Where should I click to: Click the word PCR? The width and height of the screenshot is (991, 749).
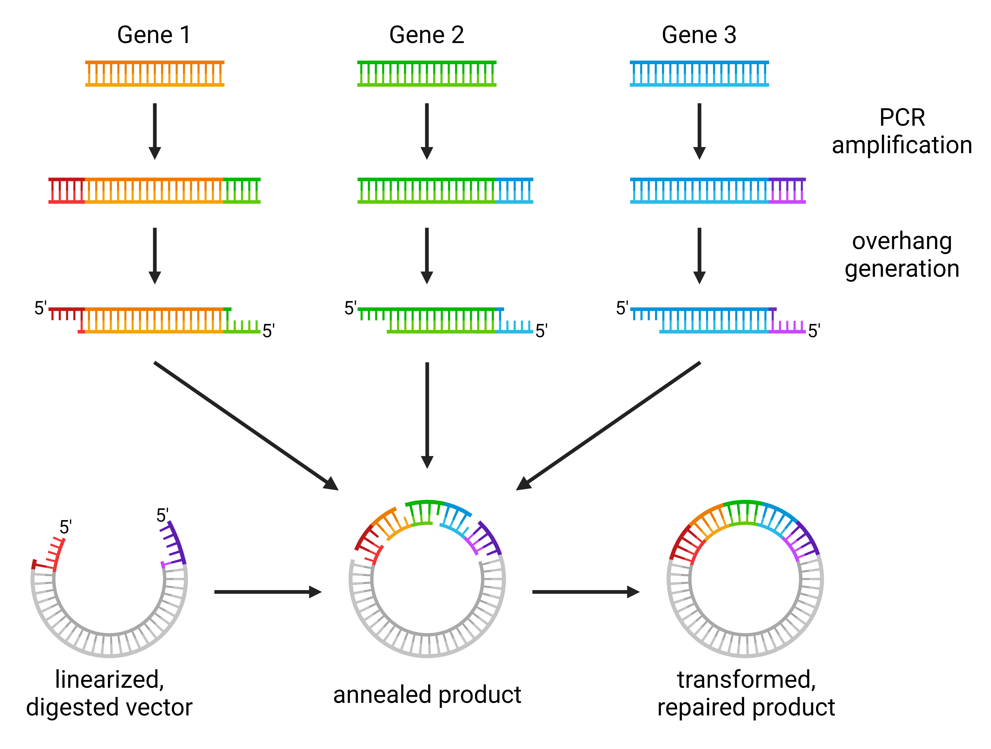coord(902,118)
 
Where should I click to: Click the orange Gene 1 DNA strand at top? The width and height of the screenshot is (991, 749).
coord(155,73)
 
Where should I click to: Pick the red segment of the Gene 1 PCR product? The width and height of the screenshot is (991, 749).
coord(66,191)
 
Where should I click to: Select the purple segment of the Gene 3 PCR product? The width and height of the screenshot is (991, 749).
coord(787,191)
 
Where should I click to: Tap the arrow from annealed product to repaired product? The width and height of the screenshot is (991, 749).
coord(586,592)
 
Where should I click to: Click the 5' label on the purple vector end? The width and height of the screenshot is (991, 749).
coord(162,515)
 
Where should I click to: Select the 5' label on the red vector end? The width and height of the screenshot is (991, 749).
coord(66,527)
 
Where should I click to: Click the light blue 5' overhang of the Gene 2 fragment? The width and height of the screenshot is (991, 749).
coord(515,327)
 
